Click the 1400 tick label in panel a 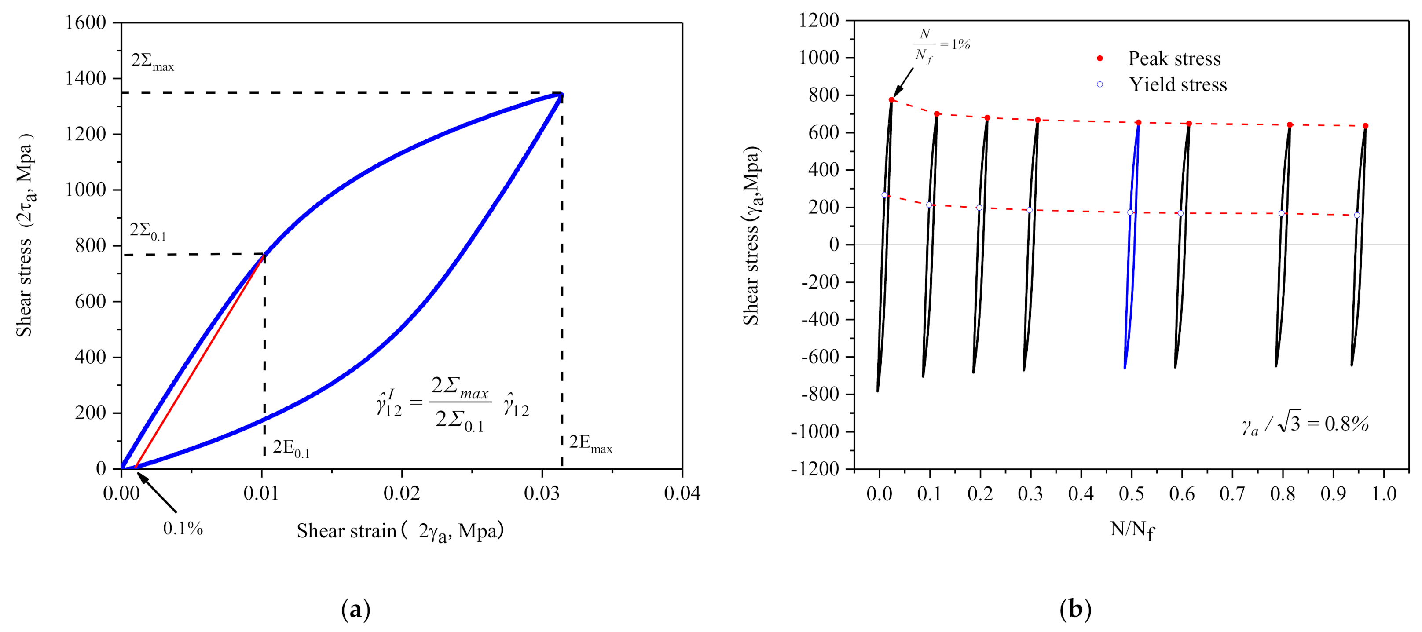click(x=85, y=78)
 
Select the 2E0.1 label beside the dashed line click(x=291, y=448)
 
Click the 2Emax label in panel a click(x=590, y=443)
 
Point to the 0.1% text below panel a click(x=183, y=529)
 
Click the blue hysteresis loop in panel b click(x=1132, y=248)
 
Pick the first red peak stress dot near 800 click(x=891, y=100)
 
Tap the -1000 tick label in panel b click(x=814, y=431)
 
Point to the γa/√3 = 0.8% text click(x=1305, y=424)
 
